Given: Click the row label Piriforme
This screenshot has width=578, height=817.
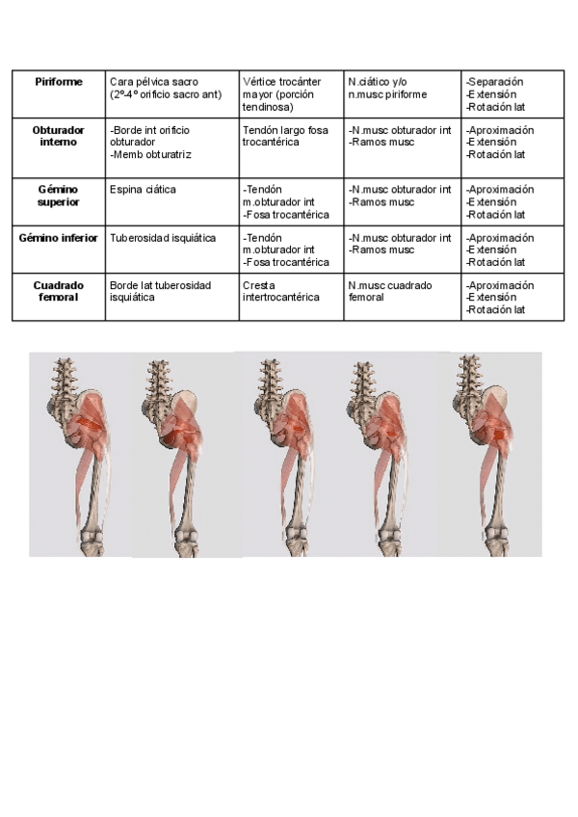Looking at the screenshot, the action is [58, 83].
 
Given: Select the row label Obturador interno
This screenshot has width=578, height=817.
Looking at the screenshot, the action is [58, 136].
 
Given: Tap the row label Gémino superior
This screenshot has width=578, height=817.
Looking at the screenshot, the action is [58, 196].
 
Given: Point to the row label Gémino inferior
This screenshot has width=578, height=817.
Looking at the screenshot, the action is [58, 238].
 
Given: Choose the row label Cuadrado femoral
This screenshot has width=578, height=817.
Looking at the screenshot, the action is [58, 291].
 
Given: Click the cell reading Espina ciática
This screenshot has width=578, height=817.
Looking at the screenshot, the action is [143, 190].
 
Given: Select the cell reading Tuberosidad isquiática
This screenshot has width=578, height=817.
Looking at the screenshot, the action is [163, 238].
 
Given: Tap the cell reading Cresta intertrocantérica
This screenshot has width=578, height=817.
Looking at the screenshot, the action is [280, 292].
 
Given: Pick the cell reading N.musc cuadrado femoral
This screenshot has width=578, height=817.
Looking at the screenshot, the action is [390, 292].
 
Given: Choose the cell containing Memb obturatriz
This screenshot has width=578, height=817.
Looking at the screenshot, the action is [151, 153].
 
